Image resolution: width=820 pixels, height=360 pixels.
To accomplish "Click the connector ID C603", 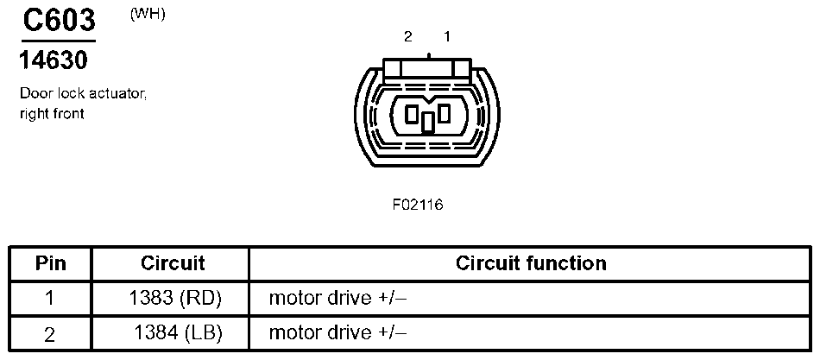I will click(x=58, y=21).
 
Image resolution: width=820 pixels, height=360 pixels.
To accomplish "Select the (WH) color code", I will click(x=148, y=15).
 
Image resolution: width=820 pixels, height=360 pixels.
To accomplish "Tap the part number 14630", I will click(x=54, y=61).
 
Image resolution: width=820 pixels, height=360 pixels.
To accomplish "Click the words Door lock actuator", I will click(x=83, y=95).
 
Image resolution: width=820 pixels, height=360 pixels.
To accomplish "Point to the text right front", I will click(x=52, y=113).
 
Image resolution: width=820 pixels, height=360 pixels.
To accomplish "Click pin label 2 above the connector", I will click(x=408, y=36).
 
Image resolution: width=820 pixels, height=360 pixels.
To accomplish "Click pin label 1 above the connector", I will click(x=446, y=36).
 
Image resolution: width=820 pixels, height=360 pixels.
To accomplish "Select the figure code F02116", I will click(x=418, y=205).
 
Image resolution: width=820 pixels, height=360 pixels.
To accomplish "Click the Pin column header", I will click(x=50, y=263).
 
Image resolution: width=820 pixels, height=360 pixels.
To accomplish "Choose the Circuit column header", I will click(x=173, y=263).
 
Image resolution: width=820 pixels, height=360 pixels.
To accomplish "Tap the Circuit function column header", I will click(x=530, y=263).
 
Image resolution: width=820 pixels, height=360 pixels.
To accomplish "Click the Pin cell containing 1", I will click(x=50, y=299).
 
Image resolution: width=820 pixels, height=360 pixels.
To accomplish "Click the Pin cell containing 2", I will click(x=50, y=333).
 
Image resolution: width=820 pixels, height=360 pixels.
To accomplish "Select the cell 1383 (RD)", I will click(x=174, y=299).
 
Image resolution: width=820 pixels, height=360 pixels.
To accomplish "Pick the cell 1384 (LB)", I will click(x=178, y=333).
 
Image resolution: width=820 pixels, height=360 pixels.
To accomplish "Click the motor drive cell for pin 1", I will click(x=337, y=299).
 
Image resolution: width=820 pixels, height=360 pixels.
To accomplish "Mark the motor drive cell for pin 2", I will click(x=337, y=333).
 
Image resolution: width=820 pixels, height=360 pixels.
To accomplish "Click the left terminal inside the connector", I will click(x=413, y=113).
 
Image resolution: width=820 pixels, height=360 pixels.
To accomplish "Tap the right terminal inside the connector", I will click(x=444, y=113).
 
